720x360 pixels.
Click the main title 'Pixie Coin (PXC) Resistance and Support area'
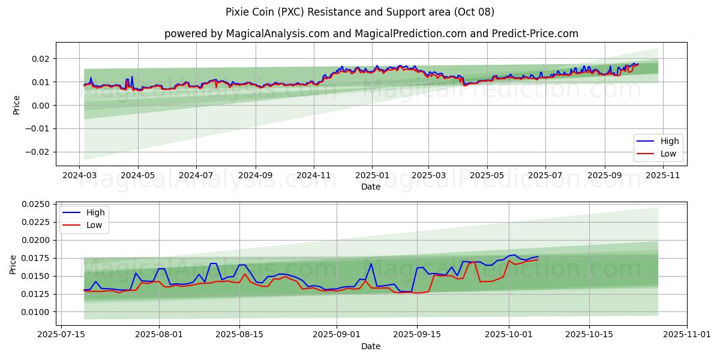click(360, 12)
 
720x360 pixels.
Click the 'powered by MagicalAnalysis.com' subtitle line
click(371, 34)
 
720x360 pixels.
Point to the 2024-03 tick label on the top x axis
click(80, 175)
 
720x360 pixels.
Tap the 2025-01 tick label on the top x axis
click(372, 175)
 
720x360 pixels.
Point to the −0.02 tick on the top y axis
click(36, 152)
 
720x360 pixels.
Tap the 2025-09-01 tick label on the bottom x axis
click(336, 335)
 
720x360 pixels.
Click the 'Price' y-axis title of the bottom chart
click(13, 264)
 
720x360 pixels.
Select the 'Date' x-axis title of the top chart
click(371, 187)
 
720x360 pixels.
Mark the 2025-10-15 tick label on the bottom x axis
click(589, 335)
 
